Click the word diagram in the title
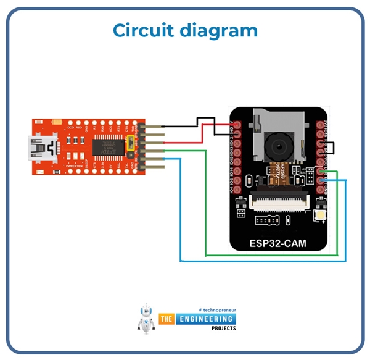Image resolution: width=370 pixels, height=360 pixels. click(x=221, y=31)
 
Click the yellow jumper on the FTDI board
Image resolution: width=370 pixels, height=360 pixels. click(x=130, y=144)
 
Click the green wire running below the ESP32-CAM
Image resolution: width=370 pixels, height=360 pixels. click(x=271, y=254)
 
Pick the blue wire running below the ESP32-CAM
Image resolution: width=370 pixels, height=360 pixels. click(x=259, y=261)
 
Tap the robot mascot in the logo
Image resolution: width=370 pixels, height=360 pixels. click(x=146, y=319)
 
